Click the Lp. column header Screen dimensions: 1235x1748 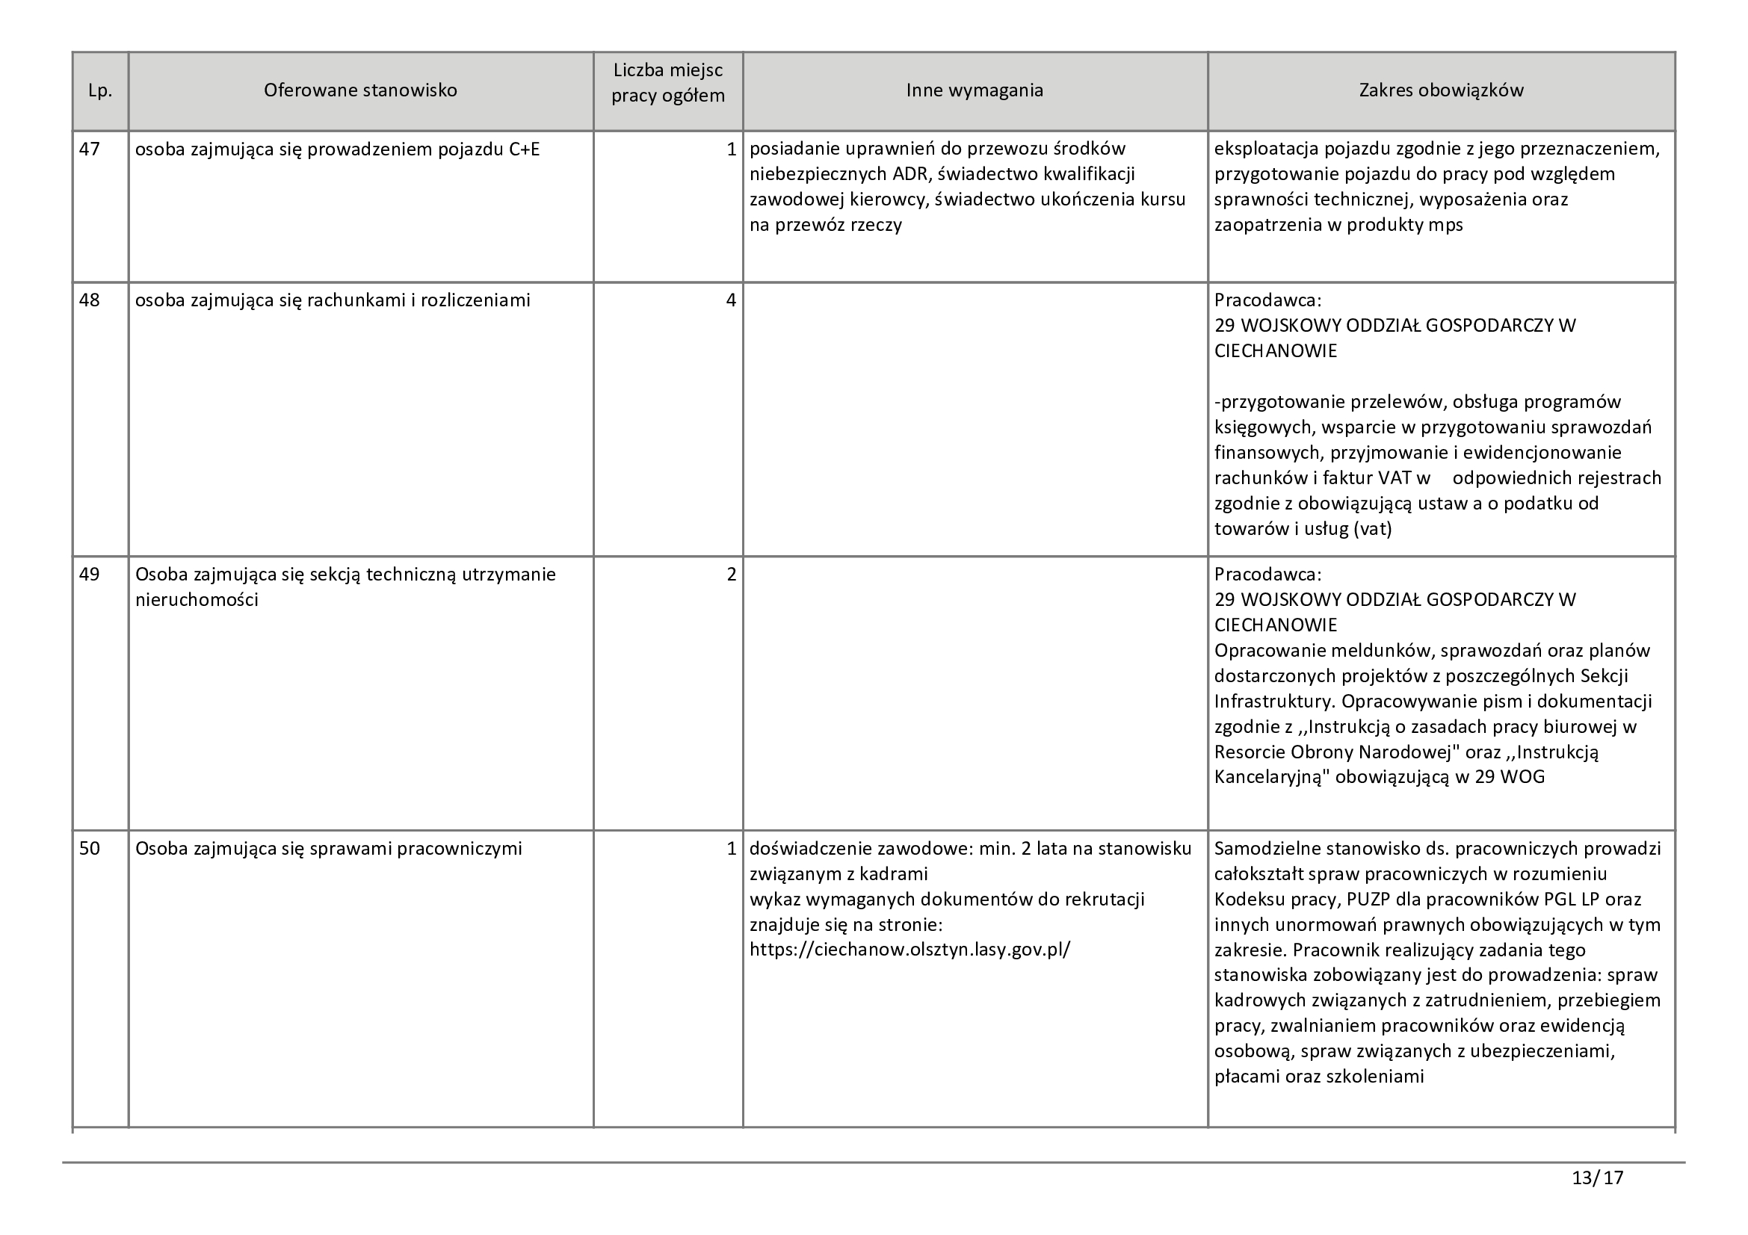point(99,90)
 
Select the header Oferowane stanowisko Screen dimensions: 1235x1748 point(360,90)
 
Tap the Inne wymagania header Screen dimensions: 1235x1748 point(975,90)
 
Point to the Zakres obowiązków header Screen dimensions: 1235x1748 point(1441,90)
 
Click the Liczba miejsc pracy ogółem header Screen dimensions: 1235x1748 point(667,84)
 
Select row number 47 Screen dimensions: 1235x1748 point(90,149)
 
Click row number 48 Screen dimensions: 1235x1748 point(90,300)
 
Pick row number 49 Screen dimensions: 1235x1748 point(90,575)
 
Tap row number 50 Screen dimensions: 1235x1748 point(90,849)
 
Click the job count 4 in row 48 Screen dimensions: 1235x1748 point(731,300)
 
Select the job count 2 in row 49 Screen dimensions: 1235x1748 point(731,575)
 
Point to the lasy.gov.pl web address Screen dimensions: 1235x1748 point(909,950)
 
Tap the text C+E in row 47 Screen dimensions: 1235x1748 point(524,149)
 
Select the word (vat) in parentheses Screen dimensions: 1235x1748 point(1372,529)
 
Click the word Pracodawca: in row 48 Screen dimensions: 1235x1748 point(1267,300)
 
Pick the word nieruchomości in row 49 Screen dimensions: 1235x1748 point(197,601)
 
